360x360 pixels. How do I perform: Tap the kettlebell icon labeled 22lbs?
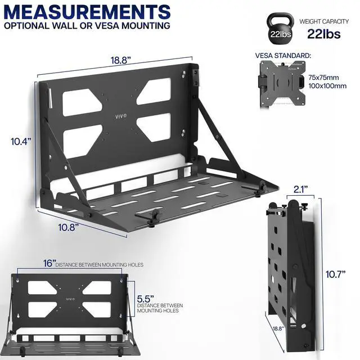[x=280, y=29]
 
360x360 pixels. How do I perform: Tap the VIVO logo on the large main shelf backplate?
[x=121, y=117]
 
